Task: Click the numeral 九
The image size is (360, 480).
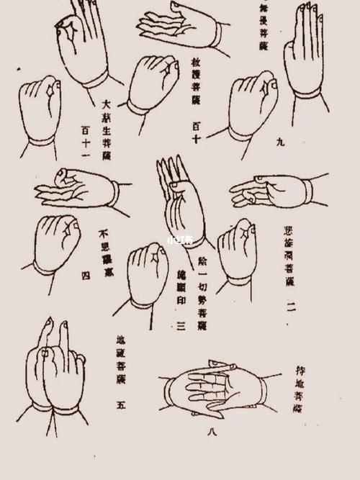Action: [280, 142]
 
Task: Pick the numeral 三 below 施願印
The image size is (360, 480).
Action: [181, 327]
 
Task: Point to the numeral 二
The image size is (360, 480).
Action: [290, 307]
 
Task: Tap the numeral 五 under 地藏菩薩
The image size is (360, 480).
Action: [121, 405]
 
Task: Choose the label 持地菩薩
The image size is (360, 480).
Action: [300, 389]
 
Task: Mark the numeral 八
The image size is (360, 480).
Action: [212, 432]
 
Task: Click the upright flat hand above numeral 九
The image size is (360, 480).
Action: [303, 54]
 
